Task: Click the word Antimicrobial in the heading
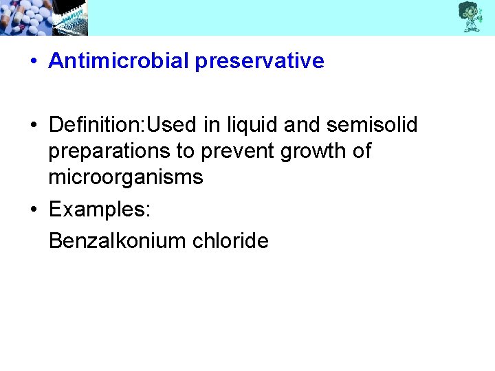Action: tap(118, 61)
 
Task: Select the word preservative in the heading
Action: tap(259, 61)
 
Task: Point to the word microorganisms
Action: tap(125, 177)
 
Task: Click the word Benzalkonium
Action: tap(118, 240)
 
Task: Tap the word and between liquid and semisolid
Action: tap(302, 125)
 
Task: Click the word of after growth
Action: tap(360, 151)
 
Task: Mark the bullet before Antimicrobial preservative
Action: tap(33, 62)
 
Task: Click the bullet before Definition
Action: tap(33, 126)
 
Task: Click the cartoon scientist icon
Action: tap(470, 16)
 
